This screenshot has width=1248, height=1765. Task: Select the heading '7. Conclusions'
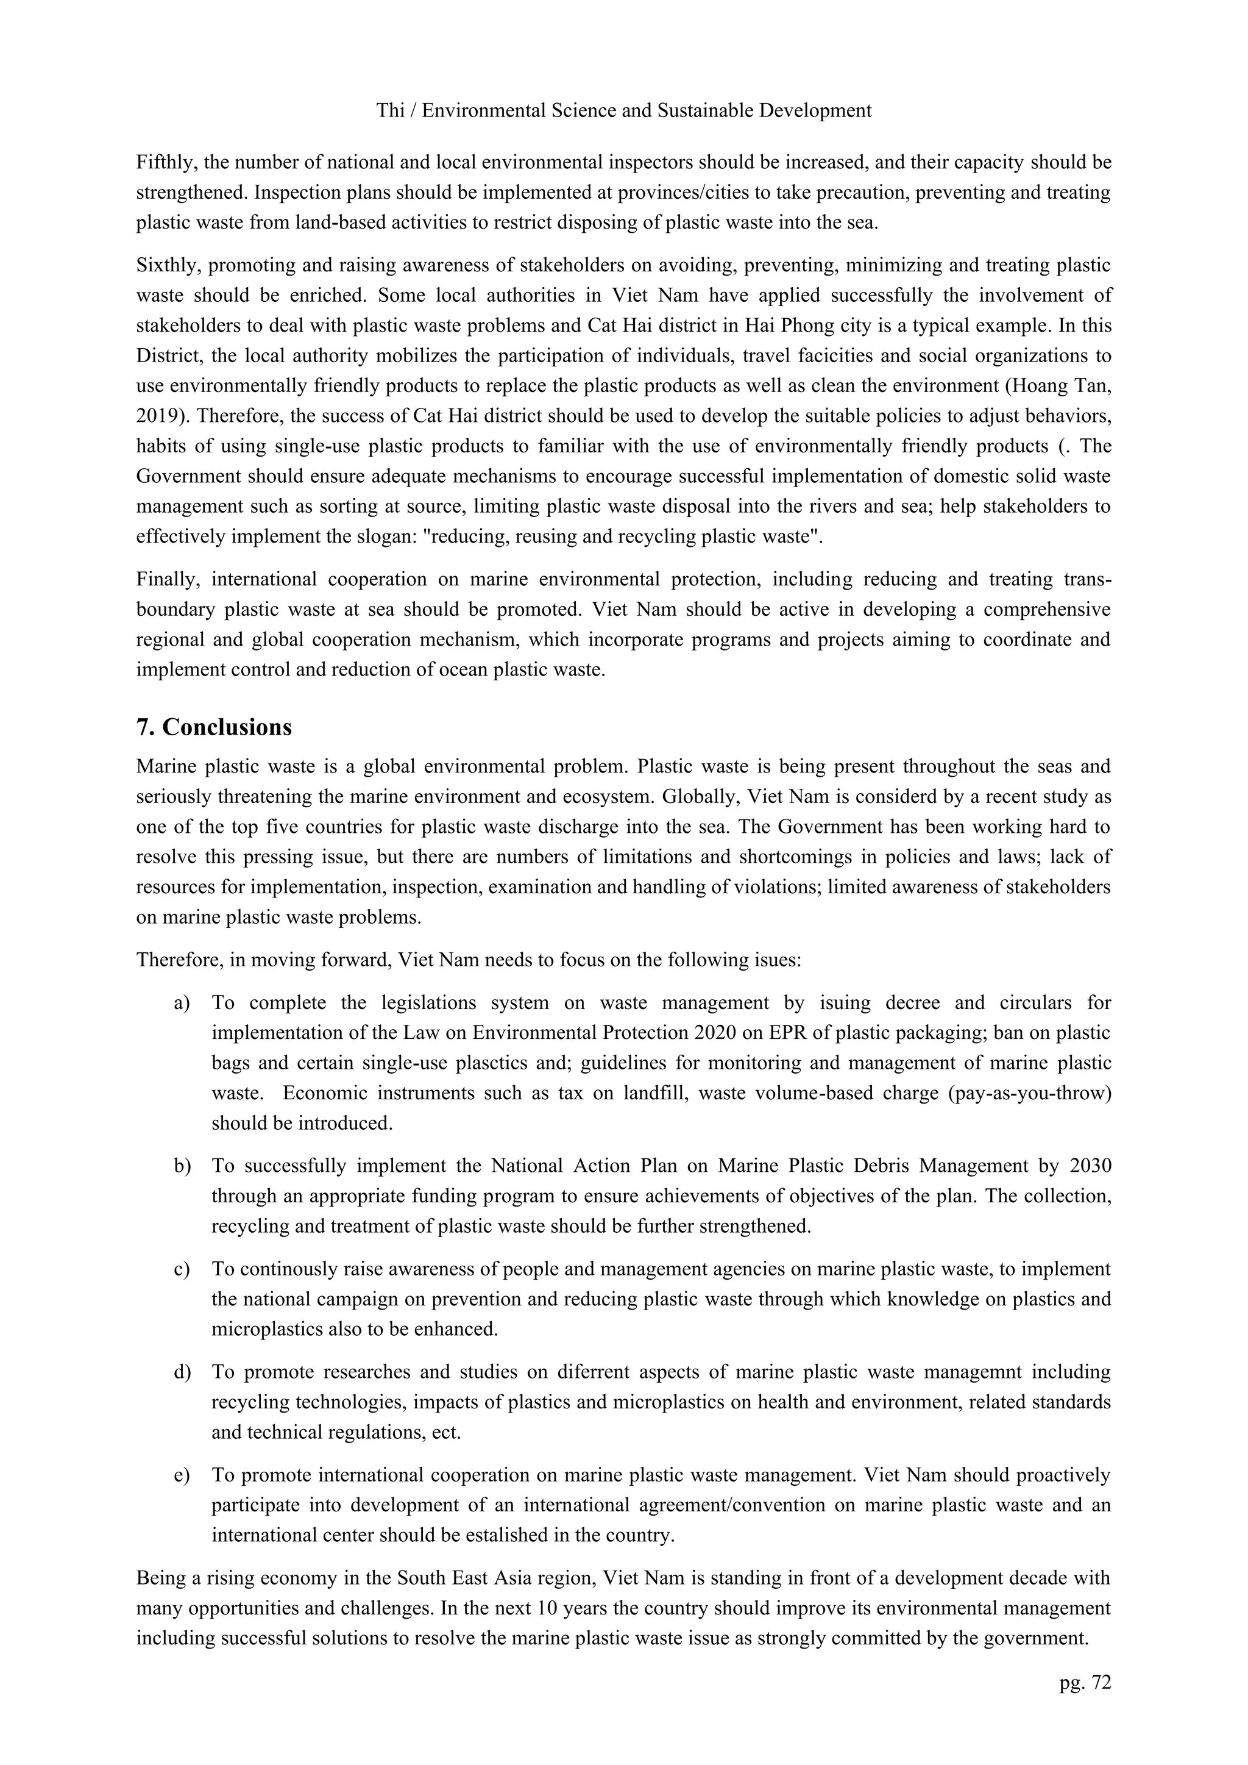214,727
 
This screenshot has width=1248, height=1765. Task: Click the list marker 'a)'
182,1002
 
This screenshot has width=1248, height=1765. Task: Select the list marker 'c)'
182,1269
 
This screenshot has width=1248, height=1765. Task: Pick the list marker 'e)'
182,1475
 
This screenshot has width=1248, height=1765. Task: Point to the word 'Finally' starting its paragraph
165,579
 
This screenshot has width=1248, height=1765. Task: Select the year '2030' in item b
1090,1166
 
